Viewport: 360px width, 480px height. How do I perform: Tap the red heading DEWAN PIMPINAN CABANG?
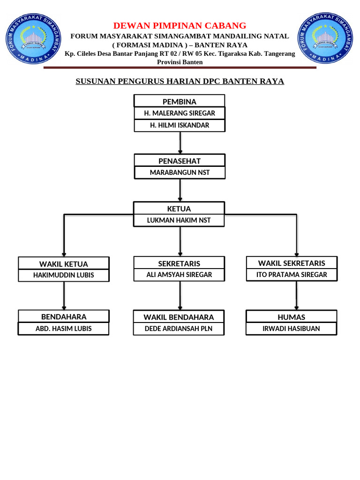click(x=180, y=25)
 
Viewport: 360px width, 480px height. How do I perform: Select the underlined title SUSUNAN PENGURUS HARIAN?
click(x=180, y=81)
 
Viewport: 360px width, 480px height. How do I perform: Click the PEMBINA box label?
click(x=180, y=102)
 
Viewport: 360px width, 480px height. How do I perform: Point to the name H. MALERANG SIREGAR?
click(x=180, y=113)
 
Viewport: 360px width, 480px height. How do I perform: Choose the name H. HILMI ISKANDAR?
click(x=180, y=125)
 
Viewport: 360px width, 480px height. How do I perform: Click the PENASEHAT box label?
click(x=180, y=161)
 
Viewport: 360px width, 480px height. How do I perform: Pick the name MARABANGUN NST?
click(x=180, y=172)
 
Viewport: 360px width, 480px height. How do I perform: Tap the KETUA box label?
click(x=179, y=209)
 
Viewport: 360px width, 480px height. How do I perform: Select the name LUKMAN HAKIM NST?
click(x=179, y=220)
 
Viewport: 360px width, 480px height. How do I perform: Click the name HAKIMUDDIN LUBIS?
click(x=64, y=275)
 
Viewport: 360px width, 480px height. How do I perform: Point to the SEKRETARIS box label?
click(x=179, y=263)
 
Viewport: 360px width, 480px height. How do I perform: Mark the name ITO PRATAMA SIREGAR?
click(x=292, y=274)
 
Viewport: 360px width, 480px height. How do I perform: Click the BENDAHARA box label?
click(x=64, y=317)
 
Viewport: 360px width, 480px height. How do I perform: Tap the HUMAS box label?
click(x=292, y=317)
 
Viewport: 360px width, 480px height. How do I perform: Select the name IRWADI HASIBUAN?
click(x=292, y=329)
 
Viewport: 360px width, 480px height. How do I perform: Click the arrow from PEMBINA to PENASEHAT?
click(x=180, y=142)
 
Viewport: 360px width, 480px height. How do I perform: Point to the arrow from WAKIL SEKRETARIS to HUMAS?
click(x=296, y=295)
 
